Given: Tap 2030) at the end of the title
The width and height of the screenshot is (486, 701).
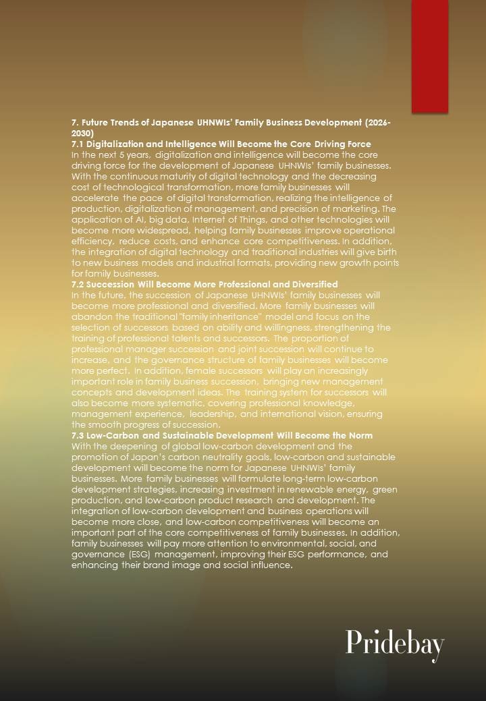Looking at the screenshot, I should click(82, 134).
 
